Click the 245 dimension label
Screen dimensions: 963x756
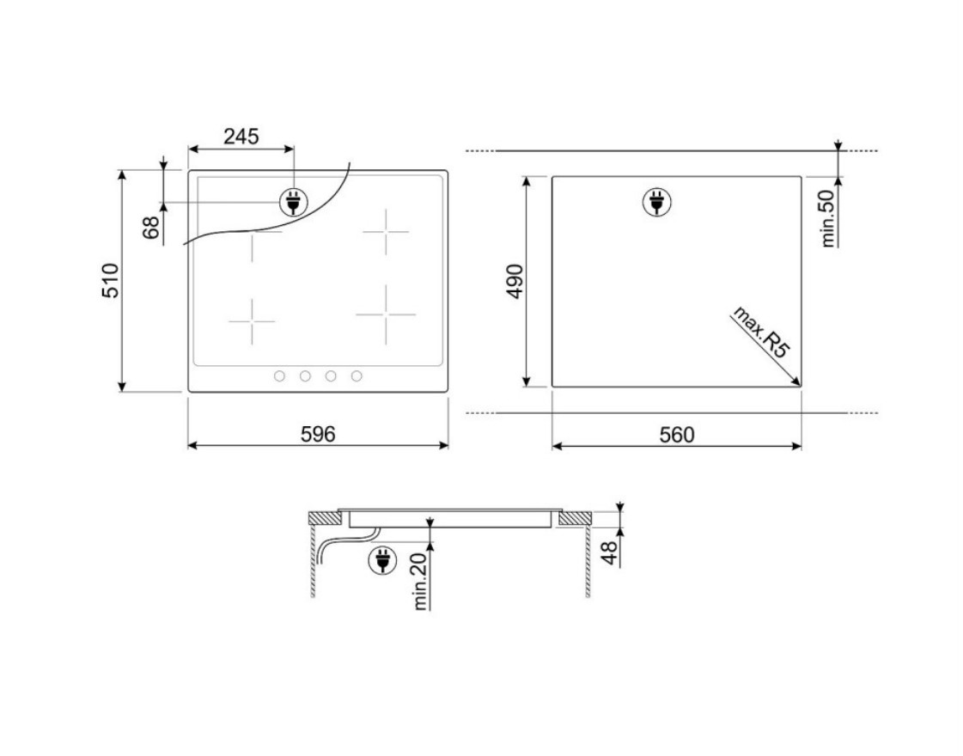click(x=241, y=137)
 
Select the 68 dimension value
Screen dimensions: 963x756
click(x=151, y=228)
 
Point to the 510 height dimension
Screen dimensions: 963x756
click(x=111, y=281)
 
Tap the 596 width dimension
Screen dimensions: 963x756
click(x=318, y=434)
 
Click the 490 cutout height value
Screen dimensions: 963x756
click(x=515, y=281)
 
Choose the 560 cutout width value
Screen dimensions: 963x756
click(x=677, y=434)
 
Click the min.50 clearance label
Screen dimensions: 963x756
click(x=828, y=218)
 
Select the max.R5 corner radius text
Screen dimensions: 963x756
click(x=761, y=332)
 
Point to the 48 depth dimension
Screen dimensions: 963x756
click(x=608, y=552)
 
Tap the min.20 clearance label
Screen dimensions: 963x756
click(x=419, y=582)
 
